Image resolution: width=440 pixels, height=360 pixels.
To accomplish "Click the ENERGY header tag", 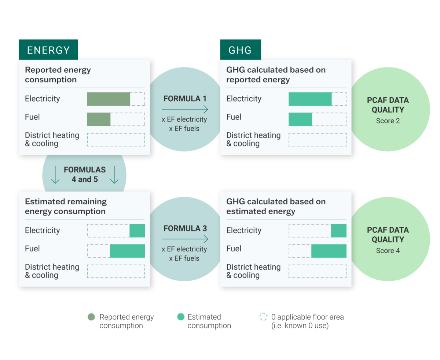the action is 48,50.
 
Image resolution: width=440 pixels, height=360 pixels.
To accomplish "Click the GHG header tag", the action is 240,50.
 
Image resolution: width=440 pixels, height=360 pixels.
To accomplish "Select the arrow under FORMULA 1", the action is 185,109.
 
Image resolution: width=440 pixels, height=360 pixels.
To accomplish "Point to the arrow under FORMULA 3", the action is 185,239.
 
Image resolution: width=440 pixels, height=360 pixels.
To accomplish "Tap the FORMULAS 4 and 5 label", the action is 84,174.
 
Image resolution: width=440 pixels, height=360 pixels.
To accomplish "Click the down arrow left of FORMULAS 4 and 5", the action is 55,175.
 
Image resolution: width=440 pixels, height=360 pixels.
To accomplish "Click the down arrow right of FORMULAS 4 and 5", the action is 114,175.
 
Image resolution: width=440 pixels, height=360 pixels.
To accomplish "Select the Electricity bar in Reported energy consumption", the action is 109,99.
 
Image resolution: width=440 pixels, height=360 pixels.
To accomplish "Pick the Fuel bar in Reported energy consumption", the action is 99,119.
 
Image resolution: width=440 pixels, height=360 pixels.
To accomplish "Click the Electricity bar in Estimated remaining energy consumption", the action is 137,230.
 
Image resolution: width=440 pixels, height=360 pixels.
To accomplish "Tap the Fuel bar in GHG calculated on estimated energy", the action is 329,251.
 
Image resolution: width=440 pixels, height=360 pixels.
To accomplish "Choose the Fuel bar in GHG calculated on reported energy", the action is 300,119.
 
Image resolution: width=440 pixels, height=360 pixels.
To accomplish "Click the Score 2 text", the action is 388,121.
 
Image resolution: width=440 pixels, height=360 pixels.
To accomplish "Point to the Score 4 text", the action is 388,250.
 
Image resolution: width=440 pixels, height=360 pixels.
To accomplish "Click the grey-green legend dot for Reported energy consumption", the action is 91,317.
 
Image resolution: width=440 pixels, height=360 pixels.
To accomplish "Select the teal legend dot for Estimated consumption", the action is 181,317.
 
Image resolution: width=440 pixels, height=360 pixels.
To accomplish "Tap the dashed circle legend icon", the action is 263,317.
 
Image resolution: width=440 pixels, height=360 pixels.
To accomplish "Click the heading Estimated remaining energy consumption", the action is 66,206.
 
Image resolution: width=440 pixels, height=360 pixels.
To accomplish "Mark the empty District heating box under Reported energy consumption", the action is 116,139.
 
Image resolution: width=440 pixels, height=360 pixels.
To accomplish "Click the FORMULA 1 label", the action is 185,99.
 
